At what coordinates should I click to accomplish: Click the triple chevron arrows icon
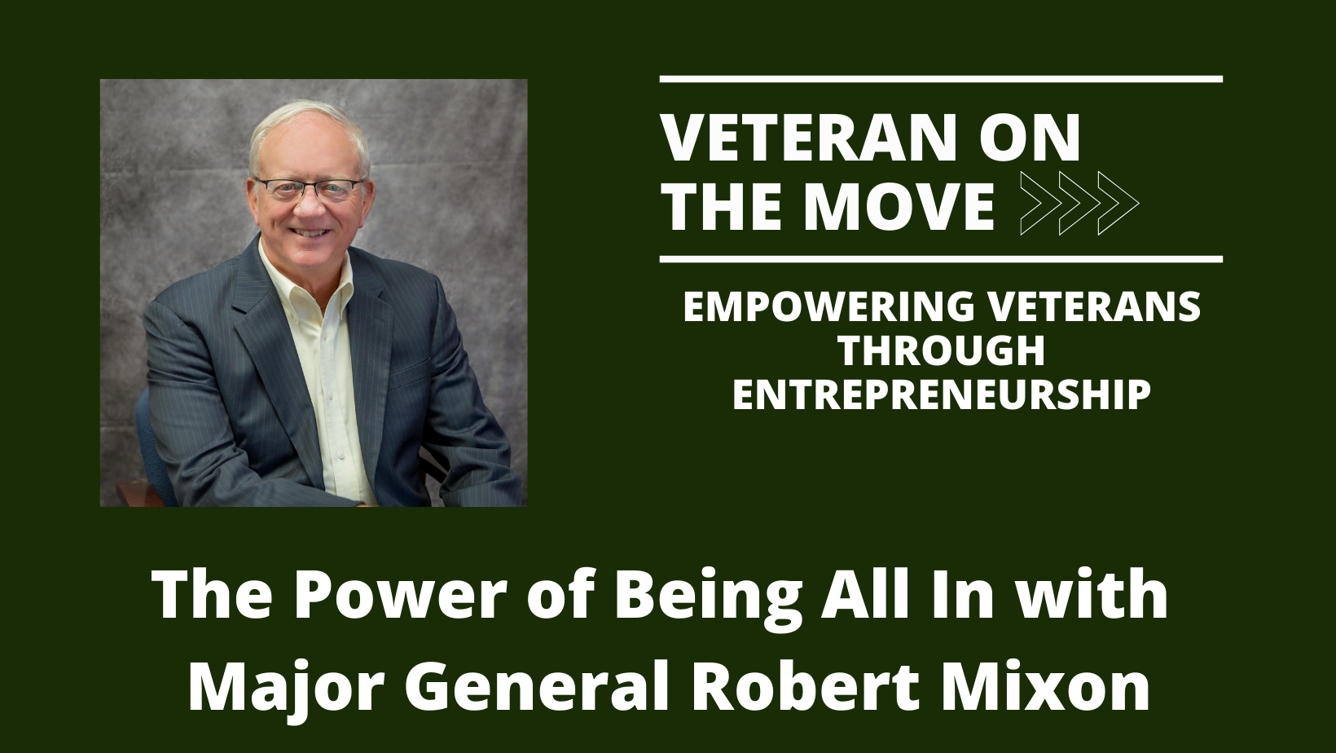(1079, 204)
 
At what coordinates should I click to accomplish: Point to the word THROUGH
(942, 351)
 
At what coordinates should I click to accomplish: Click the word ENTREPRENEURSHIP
(942, 395)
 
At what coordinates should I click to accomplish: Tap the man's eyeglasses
(310, 189)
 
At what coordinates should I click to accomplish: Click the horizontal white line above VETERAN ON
(941, 79)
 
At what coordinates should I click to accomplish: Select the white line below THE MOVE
(941, 260)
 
